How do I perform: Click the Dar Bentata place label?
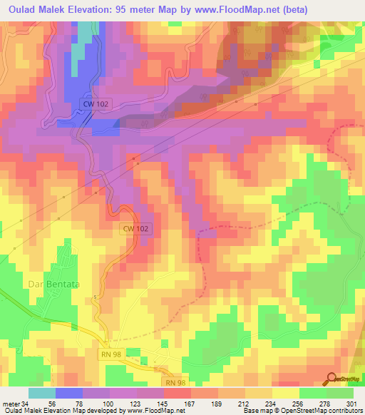pyautogui.click(x=52, y=284)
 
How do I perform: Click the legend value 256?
pyautogui.click(x=297, y=403)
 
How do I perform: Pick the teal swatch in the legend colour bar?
pyautogui.click(x=41, y=393)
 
